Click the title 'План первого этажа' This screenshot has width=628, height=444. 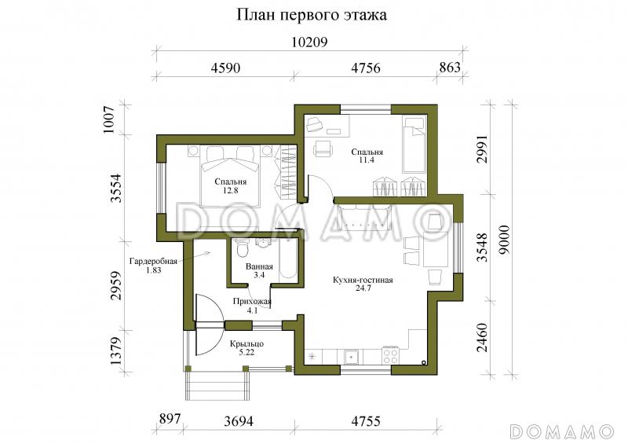pyautogui.click(x=312, y=15)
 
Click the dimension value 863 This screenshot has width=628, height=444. pyautogui.click(x=449, y=68)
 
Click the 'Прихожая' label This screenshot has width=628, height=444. pyautogui.click(x=252, y=302)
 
